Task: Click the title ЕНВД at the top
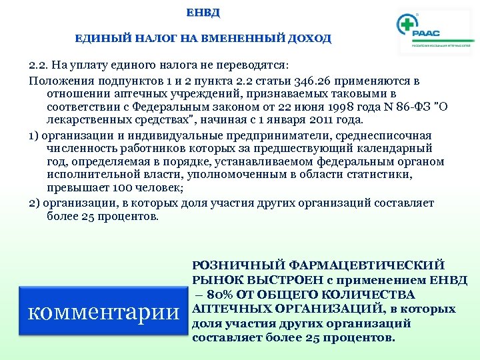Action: pyautogui.click(x=203, y=13)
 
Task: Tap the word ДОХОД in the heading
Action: pyautogui.click(x=309, y=39)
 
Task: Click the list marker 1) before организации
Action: pyautogui.click(x=35, y=135)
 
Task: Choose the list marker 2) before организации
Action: pyautogui.click(x=35, y=203)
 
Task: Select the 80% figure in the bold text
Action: pyautogui.click(x=221, y=295)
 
